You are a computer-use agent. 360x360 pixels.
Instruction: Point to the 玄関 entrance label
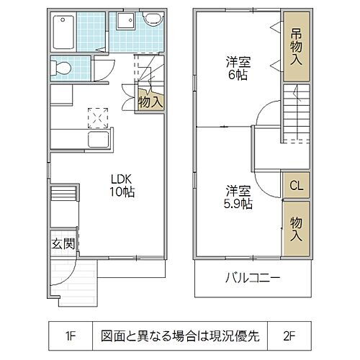point(63,243)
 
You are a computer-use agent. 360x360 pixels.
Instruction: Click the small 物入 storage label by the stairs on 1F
point(150,102)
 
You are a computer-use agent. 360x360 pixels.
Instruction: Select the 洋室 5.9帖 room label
point(237,197)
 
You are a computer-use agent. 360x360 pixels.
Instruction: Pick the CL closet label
point(296,186)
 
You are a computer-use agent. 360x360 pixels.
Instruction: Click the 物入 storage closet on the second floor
point(296,226)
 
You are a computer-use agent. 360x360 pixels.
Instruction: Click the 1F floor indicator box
point(70,335)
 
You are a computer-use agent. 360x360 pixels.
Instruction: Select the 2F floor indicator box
point(290,335)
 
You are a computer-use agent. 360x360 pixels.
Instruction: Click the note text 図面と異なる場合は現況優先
point(180,335)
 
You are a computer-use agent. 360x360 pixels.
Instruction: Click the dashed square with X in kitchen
point(96,115)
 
